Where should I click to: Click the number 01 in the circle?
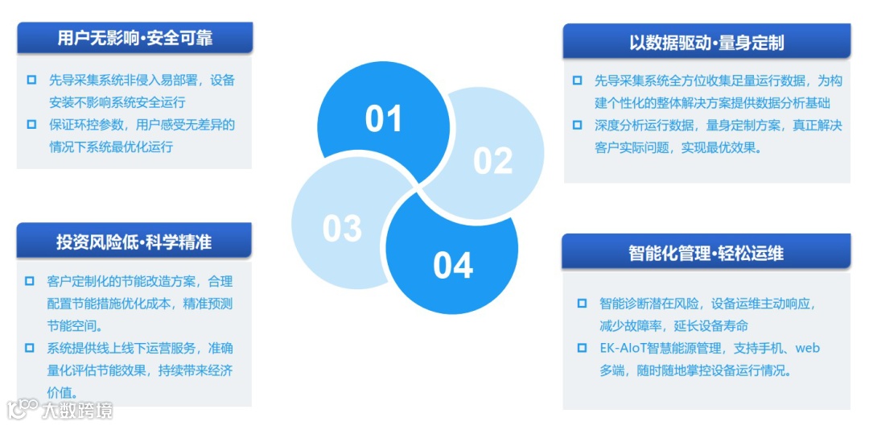pyautogui.click(x=383, y=119)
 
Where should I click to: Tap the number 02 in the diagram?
pyautogui.click(x=492, y=161)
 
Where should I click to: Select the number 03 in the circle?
pyautogui.click(x=342, y=229)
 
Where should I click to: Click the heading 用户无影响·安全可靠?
pyautogui.click(x=134, y=38)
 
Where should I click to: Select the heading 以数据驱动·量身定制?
pyautogui.click(x=706, y=42)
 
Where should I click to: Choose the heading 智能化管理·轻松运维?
pyautogui.click(x=706, y=253)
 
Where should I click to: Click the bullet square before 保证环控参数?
pyautogui.click(x=31, y=124)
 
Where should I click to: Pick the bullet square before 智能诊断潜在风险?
pyautogui.click(x=582, y=304)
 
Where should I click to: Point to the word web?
pyautogui.click(x=807, y=349)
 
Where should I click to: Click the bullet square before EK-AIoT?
pyautogui.click(x=582, y=349)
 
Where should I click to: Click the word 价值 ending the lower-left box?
pyautogui.click(x=60, y=393)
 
